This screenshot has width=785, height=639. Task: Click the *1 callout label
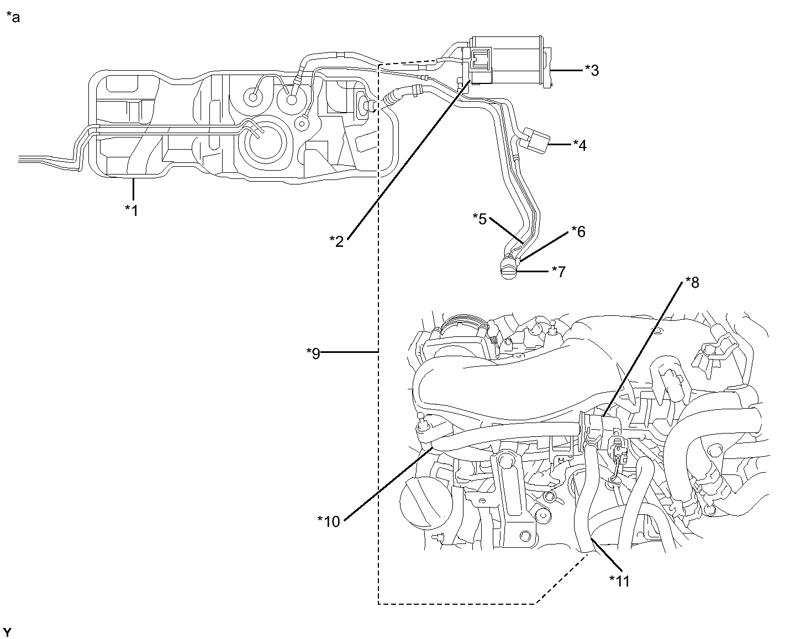131,210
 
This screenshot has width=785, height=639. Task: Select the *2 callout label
336,241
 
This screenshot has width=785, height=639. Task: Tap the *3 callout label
591,71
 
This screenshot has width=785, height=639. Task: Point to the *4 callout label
579,145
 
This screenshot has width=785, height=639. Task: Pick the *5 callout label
479,219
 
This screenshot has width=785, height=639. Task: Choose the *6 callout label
578,231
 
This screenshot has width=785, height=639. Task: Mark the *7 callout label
559,271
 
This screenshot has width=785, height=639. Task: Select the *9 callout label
313,353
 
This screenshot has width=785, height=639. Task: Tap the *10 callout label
329,521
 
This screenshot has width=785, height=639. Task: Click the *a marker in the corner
12,17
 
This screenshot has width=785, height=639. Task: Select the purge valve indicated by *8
599,425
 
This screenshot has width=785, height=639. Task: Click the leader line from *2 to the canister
409,160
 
